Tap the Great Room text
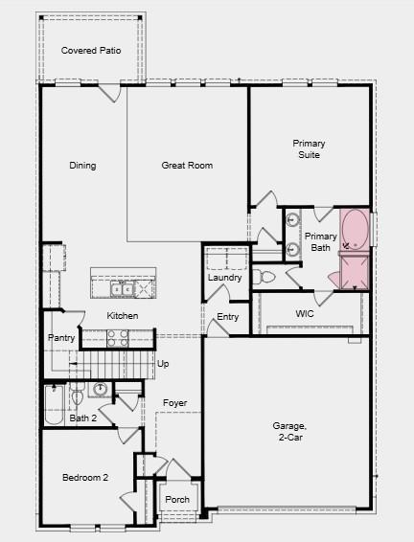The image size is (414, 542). pyautogui.click(x=186, y=166)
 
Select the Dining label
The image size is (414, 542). pyautogui.click(x=82, y=166)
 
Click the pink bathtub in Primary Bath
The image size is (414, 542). pyautogui.click(x=356, y=230)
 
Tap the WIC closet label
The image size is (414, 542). pyautogui.click(x=305, y=313)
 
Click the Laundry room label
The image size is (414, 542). pyautogui.click(x=224, y=278)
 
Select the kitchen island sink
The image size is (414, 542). pyautogui.click(x=122, y=287)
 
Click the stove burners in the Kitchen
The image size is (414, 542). pyautogui.click(x=117, y=337)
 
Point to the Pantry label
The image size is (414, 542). pyautogui.click(x=61, y=338)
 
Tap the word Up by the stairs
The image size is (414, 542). pyautogui.click(x=163, y=364)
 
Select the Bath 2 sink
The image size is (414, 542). pyautogui.click(x=101, y=389)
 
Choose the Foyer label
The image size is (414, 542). pyautogui.click(x=174, y=403)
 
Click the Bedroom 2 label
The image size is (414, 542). pyautogui.click(x=85, y=478)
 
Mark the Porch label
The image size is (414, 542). pyautogui.click(x=177, y=500)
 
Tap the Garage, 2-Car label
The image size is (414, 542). pyautogui.click(x=288, y=431)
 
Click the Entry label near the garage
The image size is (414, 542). pyautogui.click(x=227, y=317)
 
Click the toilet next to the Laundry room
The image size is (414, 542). pyautogui.click(x=265, y=277)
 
